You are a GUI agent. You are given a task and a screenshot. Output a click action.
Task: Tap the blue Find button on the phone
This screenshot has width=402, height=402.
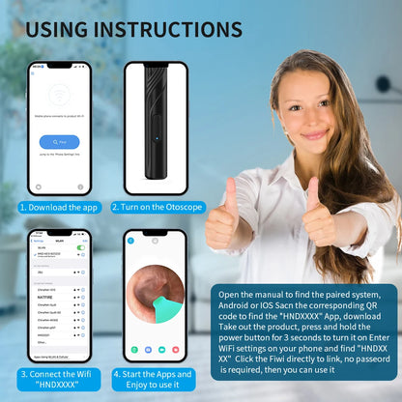pos(59,142)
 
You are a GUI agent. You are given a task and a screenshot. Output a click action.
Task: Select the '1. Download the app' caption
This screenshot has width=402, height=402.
pos(59,207)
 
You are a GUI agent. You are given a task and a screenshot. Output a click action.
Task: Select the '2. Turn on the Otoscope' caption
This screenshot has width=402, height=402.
pos(156,207)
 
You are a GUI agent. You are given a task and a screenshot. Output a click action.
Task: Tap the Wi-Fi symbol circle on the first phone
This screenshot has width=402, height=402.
pos(59,98)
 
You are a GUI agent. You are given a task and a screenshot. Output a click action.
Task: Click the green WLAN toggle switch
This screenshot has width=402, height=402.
pos(80,247)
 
